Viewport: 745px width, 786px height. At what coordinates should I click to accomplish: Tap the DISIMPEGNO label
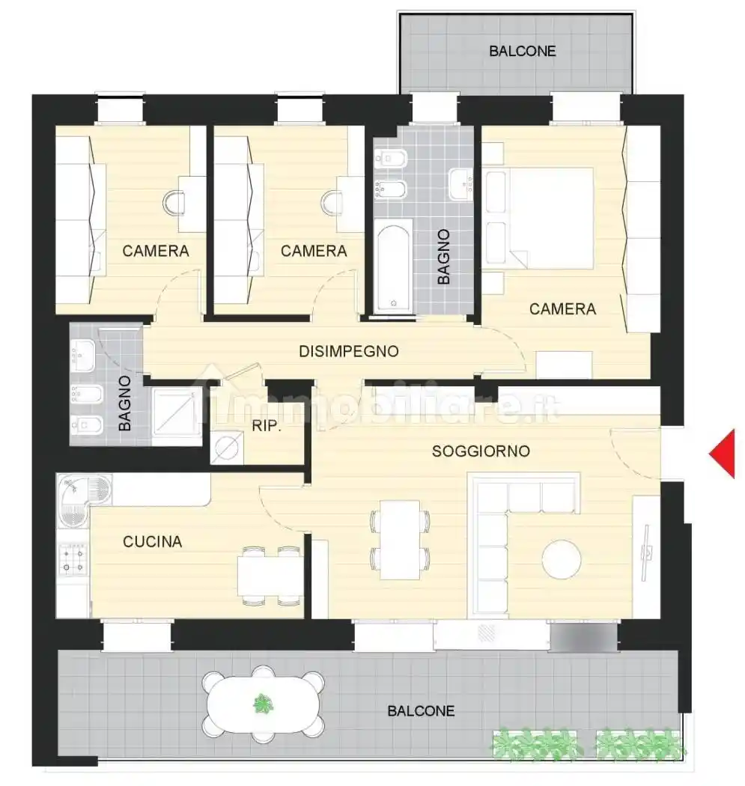(x=349, y=351)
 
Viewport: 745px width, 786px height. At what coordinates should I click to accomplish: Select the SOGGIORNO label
(x=481, y=451)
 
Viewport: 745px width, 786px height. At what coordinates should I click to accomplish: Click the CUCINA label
(x=153, y=541)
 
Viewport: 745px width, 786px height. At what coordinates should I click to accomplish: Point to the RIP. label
(x=266, y=426)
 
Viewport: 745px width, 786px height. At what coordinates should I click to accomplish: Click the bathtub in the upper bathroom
(x=394, y=269)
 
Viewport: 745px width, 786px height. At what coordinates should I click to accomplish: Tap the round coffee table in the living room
(x=562, y=559)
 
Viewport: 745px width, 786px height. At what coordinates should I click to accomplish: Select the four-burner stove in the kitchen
(x=73, y=559)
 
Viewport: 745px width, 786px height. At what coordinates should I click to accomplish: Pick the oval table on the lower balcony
(x=264, y=704)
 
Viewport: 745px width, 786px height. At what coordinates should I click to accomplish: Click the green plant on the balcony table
(x=263, y=704)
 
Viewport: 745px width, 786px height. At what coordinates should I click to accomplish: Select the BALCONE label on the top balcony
(x=523, y=51)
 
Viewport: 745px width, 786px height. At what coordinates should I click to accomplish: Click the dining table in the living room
(x=400, y=540)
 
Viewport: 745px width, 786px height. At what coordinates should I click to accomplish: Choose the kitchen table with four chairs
(x=270, y=577)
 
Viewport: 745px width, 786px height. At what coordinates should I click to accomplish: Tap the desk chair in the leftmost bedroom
(x=174, y=203)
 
